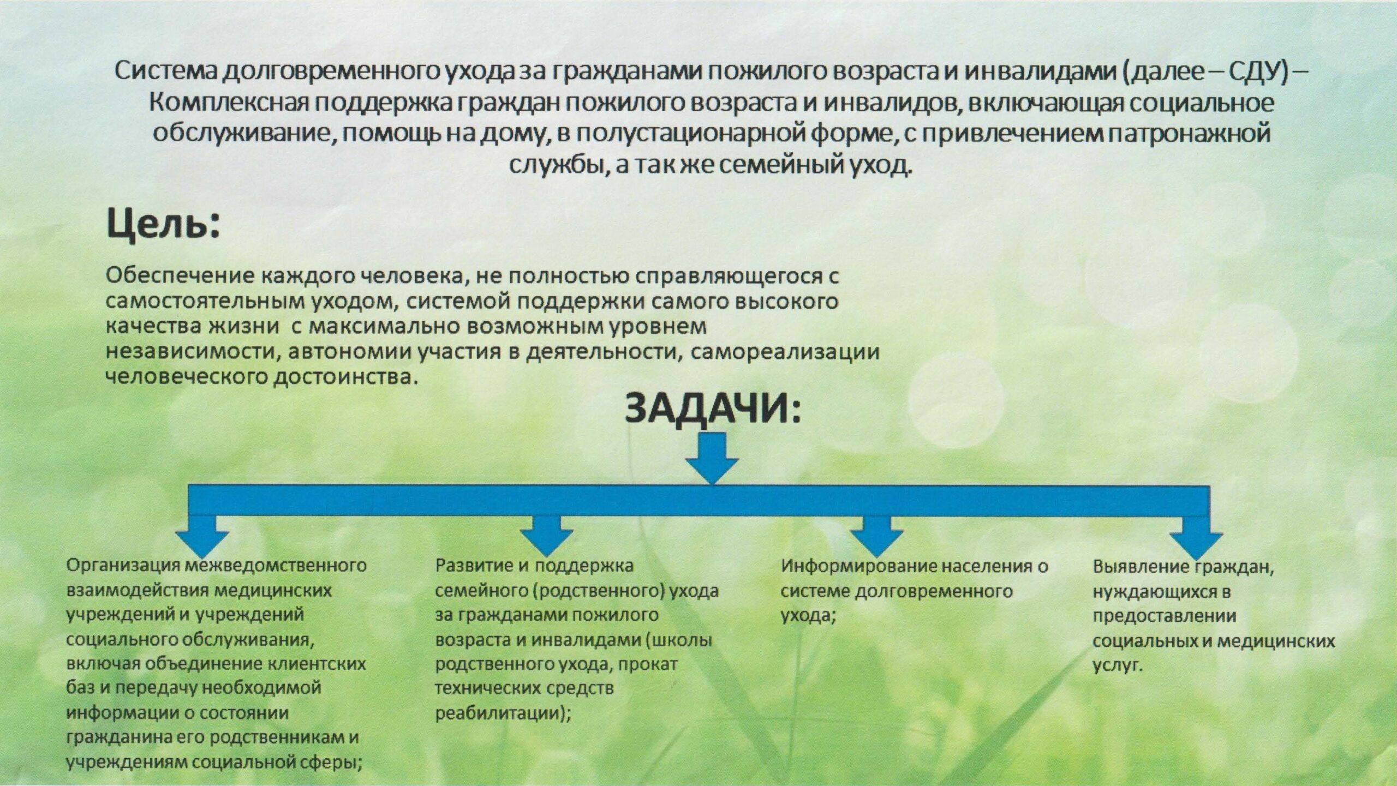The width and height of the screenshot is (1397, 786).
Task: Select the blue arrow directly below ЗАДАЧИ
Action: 712,457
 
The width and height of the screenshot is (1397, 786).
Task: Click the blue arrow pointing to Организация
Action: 202,536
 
